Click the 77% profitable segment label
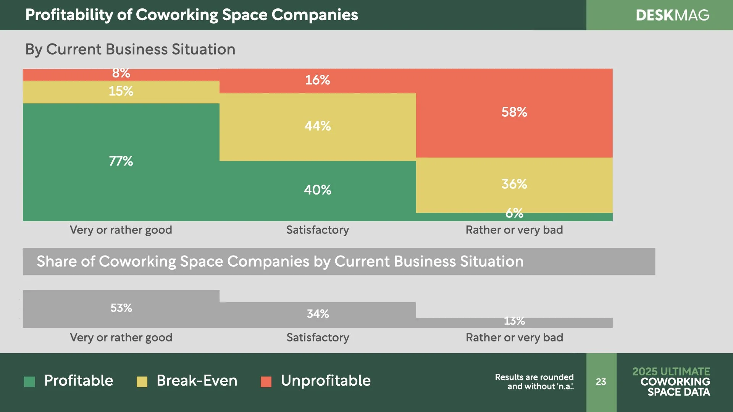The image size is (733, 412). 121,161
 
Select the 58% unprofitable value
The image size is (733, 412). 514,112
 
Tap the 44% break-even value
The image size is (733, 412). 317,126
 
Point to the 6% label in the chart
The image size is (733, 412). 514,213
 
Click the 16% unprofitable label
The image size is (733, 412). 317,80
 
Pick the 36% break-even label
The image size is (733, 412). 514,184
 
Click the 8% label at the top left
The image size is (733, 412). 121,73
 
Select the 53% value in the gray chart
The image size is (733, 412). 121,308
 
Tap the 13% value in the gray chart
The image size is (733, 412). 514,321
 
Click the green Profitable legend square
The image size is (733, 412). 29,381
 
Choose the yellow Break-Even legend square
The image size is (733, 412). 142,381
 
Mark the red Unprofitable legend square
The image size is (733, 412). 266,381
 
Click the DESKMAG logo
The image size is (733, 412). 672,15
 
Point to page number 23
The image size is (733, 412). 601,381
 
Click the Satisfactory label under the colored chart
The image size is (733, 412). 317,230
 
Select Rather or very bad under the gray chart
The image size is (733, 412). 514,338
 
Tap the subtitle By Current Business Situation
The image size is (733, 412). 130,50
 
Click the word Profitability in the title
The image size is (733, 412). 69,15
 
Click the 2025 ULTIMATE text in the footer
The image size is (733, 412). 671,371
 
